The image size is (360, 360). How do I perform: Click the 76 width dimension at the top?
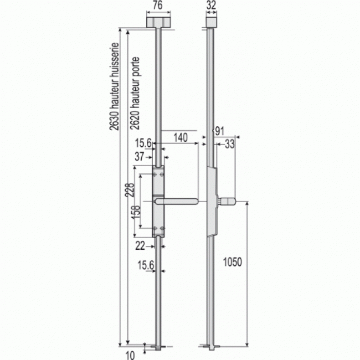click(157, 7)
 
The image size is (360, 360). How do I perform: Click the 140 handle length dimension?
click(179, 137)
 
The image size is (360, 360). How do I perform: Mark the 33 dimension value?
click(229, 144)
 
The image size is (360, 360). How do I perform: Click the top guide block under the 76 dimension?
click(157, 22)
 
